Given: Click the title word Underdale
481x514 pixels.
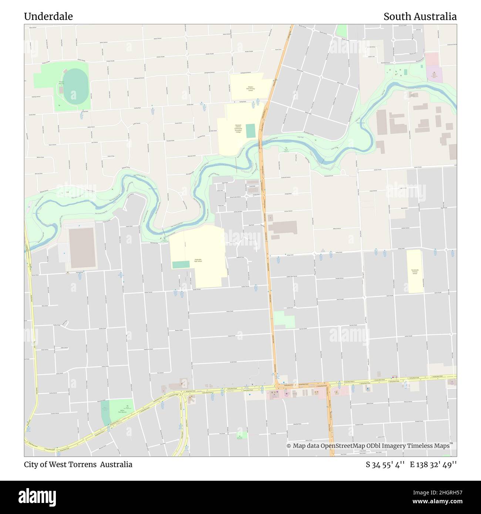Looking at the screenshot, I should point(48,17).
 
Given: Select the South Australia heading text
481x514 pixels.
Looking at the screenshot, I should point(420,17).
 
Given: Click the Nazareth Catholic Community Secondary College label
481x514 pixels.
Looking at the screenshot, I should point(238,128).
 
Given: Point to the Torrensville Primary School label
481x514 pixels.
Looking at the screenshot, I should point(414,272).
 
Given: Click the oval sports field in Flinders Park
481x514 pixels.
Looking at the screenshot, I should point(75,86).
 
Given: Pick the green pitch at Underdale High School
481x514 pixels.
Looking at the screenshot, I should point(181,265).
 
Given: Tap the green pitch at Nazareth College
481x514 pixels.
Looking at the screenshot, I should point(250,131).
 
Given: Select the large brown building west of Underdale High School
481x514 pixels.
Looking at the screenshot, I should point(82,247).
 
